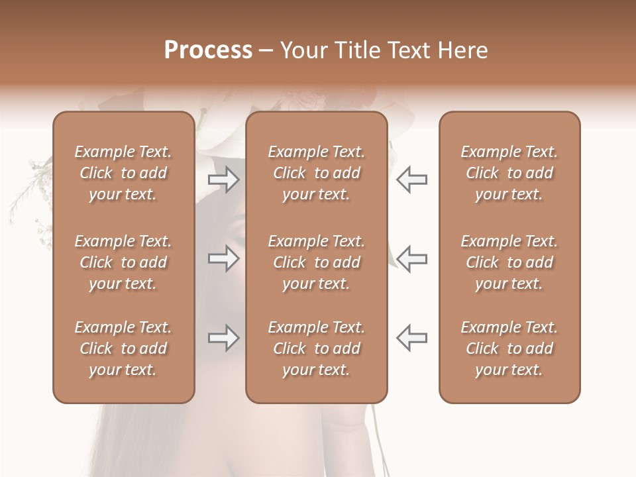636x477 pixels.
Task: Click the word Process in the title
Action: coord(208,50)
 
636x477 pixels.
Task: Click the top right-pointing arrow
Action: coord(223,180)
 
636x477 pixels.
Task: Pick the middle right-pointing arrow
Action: coord(223,258)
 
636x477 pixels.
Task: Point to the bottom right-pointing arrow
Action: coord(223,338)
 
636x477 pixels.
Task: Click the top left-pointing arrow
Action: coord(411,180)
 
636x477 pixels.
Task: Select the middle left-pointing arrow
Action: coord(411,258)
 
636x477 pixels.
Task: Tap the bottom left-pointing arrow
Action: coord(411,338)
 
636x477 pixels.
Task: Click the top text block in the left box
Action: coord(123,173)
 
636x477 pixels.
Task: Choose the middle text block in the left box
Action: coord(123,262)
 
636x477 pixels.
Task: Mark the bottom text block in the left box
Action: coord(123,348)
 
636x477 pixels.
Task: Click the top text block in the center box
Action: coord(317,173)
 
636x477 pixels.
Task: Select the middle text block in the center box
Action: coord(317,262)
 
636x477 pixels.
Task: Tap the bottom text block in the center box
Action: coord(317,348)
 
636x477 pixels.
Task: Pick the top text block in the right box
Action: coord(509,173)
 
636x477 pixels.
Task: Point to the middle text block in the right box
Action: coord(509,262)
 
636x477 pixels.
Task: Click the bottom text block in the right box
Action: coord(509,348)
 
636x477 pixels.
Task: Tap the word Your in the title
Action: coord(301,50)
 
